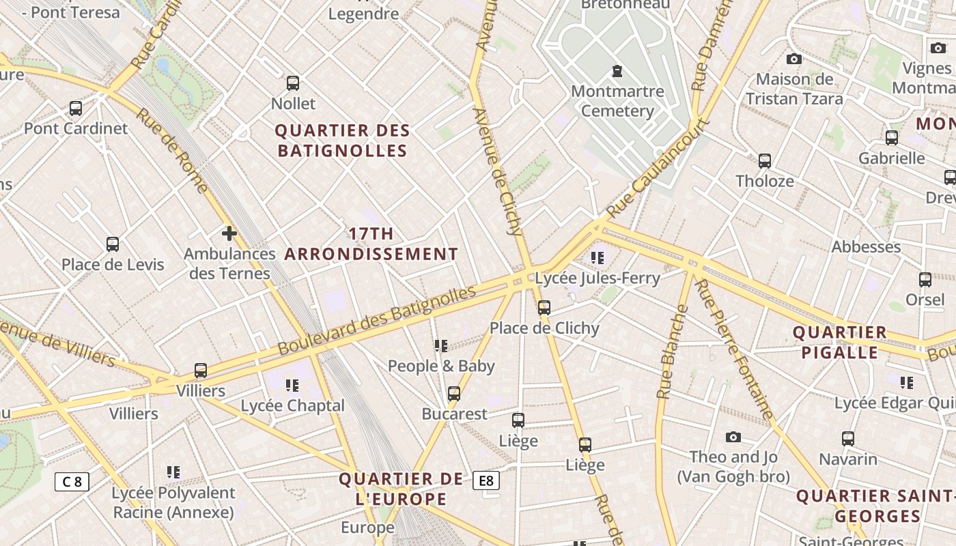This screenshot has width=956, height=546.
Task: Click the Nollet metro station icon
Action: tap(293, 83)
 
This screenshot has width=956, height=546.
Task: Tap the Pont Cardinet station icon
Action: tap(76, 109)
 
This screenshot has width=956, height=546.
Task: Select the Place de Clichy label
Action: tap(544, 328)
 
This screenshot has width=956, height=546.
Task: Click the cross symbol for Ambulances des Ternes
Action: tap(229, 233)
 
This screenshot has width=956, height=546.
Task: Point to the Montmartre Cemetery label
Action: tap(617, 101)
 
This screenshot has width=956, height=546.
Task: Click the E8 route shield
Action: tap(486, 480)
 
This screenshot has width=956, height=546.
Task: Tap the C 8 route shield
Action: tap(72, 482)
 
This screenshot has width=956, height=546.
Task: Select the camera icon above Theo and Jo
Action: tap(733, 437)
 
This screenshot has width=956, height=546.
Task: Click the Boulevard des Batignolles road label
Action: tap(377, 320)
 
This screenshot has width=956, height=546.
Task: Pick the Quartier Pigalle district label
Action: tap(839, 343)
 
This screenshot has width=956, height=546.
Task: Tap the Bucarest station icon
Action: tap(454, 394)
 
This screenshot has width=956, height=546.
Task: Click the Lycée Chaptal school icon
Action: tap(292, 386)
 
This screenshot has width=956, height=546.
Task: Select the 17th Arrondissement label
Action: tap(371, 244)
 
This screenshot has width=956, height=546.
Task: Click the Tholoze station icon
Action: tap(765, 161)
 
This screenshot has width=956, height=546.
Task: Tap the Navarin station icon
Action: tap(848, 439)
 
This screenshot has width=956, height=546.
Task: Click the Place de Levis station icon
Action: tap(113, 244)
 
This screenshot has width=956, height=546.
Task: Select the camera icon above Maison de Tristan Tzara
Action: tap(794, 59)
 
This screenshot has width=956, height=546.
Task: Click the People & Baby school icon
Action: tap(441, 346)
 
